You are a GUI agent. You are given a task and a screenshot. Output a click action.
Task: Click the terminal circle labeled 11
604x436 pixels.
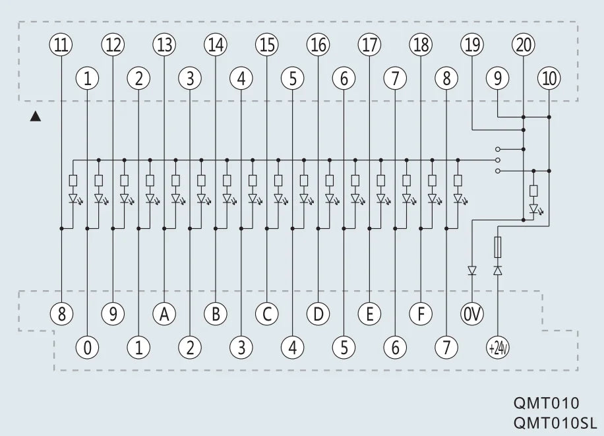pyautogui.click(x=61, y=45)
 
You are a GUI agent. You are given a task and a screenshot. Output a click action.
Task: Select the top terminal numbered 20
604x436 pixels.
pyautogui.click(x=524, y=45)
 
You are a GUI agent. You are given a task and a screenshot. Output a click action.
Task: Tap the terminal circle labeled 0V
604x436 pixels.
pyautogui.click(x=472, y=314)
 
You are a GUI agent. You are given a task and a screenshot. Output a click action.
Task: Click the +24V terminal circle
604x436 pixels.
pyautogui.click(x=498, y=348)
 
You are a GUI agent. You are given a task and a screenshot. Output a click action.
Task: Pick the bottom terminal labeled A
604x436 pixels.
pyautogui.click(x=164, y=314)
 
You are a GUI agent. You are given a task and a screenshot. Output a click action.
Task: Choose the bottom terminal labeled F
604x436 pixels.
pyautogui.click(x=421, y=314)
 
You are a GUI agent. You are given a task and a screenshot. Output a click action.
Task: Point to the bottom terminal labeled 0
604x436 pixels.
pyautogui.click(x=88, y=348)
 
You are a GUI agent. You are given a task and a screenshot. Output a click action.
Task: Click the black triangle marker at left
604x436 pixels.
pyautogui.click(x=36, y=117)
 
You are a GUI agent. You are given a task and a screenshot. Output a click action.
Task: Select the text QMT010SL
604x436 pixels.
pyautogui.click(x=555, y=423)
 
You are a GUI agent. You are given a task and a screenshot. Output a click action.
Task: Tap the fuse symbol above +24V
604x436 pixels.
pyautogui.click(x=498, y=247)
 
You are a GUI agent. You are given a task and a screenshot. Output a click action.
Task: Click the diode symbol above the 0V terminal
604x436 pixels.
pyautogui.click(x=472, y=270)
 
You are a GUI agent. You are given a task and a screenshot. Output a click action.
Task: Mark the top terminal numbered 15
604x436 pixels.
pyautogui.click(x=266, y=45)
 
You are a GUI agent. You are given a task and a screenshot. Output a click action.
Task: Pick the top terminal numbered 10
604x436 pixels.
pyautogui.click(x=549, y=78)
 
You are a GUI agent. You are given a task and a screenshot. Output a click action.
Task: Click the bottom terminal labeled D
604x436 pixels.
pyautogui.click(x=318, y=314)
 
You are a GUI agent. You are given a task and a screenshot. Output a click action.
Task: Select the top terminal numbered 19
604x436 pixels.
pyautogui.click(x=472, y=45)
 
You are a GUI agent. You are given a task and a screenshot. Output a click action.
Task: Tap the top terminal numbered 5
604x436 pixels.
pyautogui.click(x=292, y=78)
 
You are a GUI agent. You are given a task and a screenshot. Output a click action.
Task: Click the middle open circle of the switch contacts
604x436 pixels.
pyautogui.click(x=498, y=160)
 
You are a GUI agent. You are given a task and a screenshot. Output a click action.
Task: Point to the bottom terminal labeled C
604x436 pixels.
pyautogui.click(x=266, y=314)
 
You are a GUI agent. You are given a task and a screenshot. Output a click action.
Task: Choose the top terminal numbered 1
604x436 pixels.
pyautogui.click(x=88, y=78)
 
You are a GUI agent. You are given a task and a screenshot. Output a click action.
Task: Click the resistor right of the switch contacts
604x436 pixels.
pyautogui.click(x=533, y=191)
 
